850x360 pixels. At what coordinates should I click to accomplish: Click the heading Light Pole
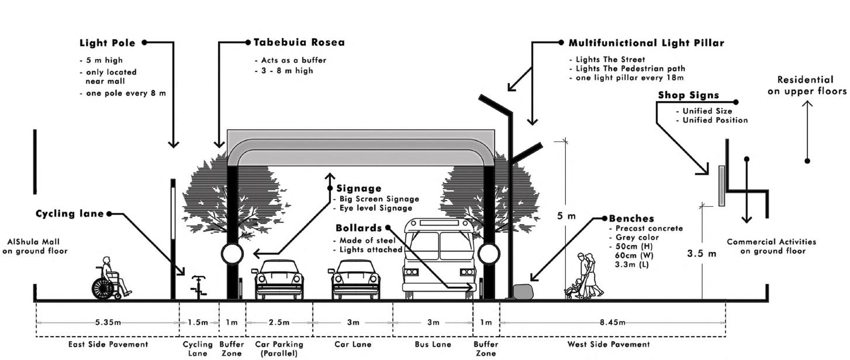click(x=108, y=43)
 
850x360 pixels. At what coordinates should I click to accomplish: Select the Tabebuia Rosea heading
click(x=299, y=43)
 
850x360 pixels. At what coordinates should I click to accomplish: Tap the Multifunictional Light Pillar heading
click(x=646, y=43)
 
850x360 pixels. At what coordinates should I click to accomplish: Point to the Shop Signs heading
click(x=688, y=95)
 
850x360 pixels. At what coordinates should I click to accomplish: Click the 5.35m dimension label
click(x=108, y=323)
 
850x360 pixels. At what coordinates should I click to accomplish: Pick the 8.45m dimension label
click(x=612, y=323)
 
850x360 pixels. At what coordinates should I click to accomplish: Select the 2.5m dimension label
click(x=279, y=323)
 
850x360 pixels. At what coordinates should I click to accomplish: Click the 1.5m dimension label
click(x=199, y=323)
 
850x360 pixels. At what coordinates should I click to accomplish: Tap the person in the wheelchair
click(x=109, y=279)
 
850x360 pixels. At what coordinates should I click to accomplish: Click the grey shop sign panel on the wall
click(x=721, y=185)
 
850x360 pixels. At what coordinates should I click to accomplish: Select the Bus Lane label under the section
click(x=433, y=345)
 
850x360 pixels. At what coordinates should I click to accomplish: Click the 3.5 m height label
click(x=702, y=254)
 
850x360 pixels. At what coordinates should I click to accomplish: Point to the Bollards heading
click(x=358, y=228)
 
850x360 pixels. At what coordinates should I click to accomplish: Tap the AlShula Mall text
click(x=34, y=242)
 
